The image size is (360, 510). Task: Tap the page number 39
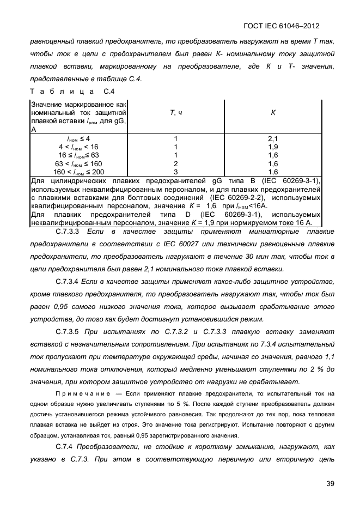tap(330, 483)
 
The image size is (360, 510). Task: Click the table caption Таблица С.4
tap(72, 91)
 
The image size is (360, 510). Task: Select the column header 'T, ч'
tap(175, 112)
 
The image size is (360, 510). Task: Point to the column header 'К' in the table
tap(273, 112)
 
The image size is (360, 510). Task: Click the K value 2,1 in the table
tap(273, 139)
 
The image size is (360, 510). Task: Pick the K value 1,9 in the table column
tap(273, 147)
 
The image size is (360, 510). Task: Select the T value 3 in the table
tap(175, 172)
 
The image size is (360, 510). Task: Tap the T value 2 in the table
tap(175, 163)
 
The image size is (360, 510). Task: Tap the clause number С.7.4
tap(64, 447)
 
